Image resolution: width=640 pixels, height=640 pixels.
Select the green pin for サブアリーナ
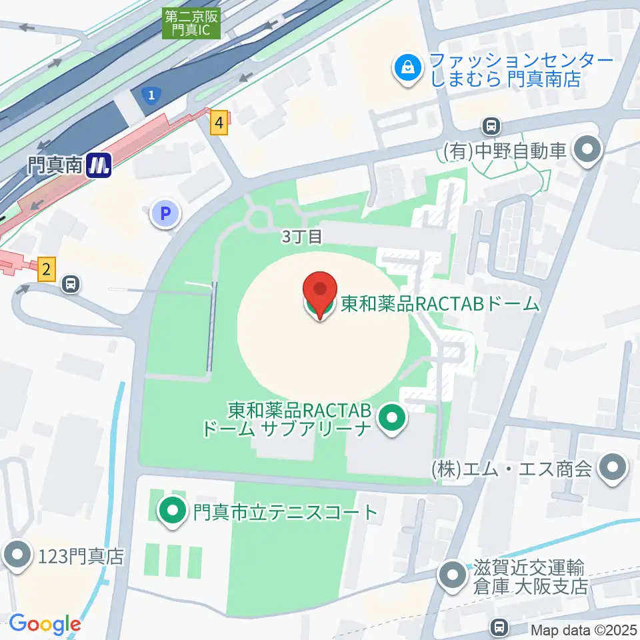coord(392,419)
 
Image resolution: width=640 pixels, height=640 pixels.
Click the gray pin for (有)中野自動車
coord(587,150)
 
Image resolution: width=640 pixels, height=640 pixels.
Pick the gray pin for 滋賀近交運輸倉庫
coord(453,575)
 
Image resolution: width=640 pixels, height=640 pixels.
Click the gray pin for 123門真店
coord(16,555)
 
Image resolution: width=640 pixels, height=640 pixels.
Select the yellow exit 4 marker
coord(218,123)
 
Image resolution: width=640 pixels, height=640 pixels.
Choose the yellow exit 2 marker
coord(46,269)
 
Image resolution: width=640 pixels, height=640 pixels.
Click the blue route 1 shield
coord(153,95)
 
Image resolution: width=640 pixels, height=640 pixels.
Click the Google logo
coord(45,624)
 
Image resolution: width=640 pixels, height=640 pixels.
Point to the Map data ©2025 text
coord(583,629)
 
